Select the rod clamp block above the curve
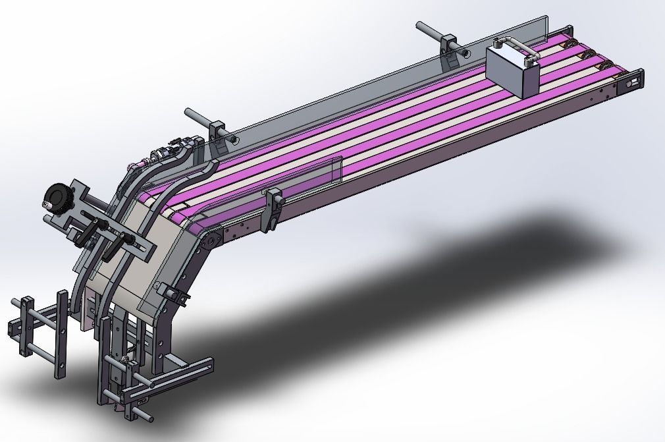point(219,132)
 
